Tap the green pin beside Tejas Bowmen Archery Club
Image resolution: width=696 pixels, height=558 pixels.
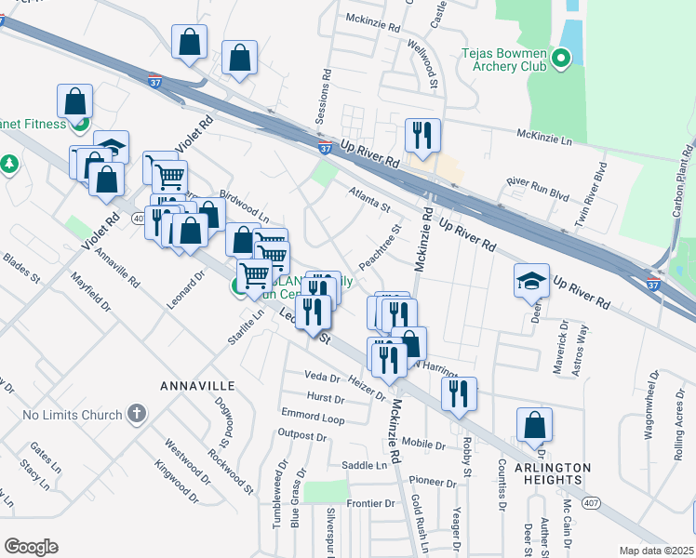click(x=560, y=60)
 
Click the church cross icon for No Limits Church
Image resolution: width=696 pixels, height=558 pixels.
click(x=136, y=413)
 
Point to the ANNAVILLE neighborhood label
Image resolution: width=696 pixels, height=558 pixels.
click(x=197, y=385)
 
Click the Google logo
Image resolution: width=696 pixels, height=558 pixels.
click(x=31, y=546)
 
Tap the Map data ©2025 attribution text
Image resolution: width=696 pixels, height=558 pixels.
click(x=657, y=551)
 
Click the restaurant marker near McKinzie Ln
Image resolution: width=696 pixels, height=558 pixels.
click(x=422, y=136)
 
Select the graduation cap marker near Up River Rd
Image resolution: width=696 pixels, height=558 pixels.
click(x=531, y=281)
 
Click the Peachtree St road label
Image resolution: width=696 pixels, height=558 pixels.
click(x=380, y=246)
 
